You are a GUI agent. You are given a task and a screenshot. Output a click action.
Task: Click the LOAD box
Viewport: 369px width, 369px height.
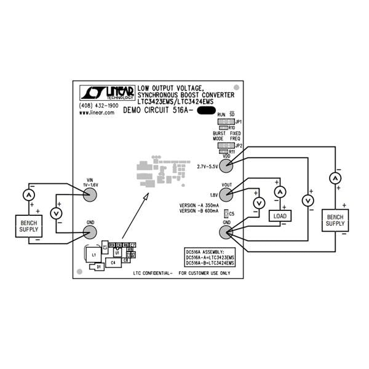tap(280, 216)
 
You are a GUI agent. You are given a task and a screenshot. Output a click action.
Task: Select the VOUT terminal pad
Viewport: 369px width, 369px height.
tap(226, 194)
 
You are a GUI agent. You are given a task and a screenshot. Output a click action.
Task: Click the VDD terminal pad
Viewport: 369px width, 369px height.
tap(226, 167)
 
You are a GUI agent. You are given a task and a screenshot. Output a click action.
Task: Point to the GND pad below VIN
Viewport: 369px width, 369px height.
tap(90, 232)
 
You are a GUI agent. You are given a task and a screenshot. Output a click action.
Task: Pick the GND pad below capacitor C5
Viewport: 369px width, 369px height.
tap(226, 232)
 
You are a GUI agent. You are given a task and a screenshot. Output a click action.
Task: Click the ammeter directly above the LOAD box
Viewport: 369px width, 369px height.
tap(280, 192)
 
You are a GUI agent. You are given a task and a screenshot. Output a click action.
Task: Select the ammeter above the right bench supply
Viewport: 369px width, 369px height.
tap(335, 178)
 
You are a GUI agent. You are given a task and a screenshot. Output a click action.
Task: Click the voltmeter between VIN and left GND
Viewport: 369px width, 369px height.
tap(57, 213)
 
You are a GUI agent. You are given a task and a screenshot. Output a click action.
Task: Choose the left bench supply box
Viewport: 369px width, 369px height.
tap(28, 226)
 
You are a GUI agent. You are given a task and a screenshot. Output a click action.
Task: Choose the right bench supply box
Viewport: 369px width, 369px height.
tap(335, 221)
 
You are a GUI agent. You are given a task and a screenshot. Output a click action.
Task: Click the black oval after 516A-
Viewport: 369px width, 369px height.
tap(206, 111)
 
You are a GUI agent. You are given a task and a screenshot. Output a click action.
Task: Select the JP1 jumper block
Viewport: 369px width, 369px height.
tap(223, 122)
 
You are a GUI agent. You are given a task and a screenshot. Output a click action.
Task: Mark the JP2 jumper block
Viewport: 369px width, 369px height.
tap(223, 146)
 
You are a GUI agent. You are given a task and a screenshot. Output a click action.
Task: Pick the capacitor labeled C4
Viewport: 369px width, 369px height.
tap(113, 263)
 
